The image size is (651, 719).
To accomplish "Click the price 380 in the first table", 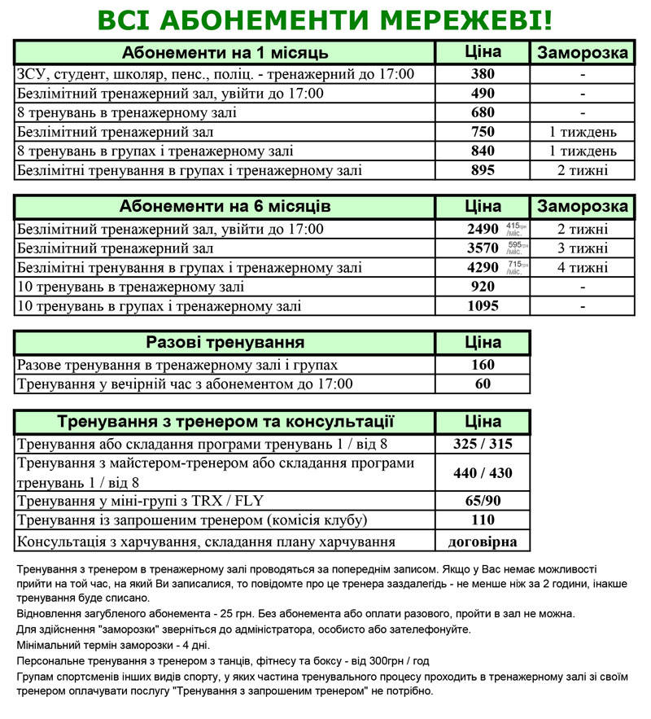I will click(483, 75).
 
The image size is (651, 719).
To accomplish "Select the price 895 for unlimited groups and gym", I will click(483, 170).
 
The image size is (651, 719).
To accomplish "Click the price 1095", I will click(483, 306).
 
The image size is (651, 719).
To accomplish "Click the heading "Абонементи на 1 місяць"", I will click(225, 54).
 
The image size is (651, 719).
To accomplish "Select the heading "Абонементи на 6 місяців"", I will click(225, 206).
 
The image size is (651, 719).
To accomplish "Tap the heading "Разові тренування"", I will click(225, 343).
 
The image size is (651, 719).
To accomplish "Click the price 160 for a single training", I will click(483, 366).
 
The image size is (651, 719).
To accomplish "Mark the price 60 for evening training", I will click(483, 384).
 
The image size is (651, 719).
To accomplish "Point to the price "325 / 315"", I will click(483, 445).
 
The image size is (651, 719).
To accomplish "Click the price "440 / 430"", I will click(483, 473).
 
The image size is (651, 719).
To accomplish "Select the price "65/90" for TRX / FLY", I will click(483, 502).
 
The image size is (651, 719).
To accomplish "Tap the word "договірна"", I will click(483, 541).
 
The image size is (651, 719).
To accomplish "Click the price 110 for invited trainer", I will click(483, 521).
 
